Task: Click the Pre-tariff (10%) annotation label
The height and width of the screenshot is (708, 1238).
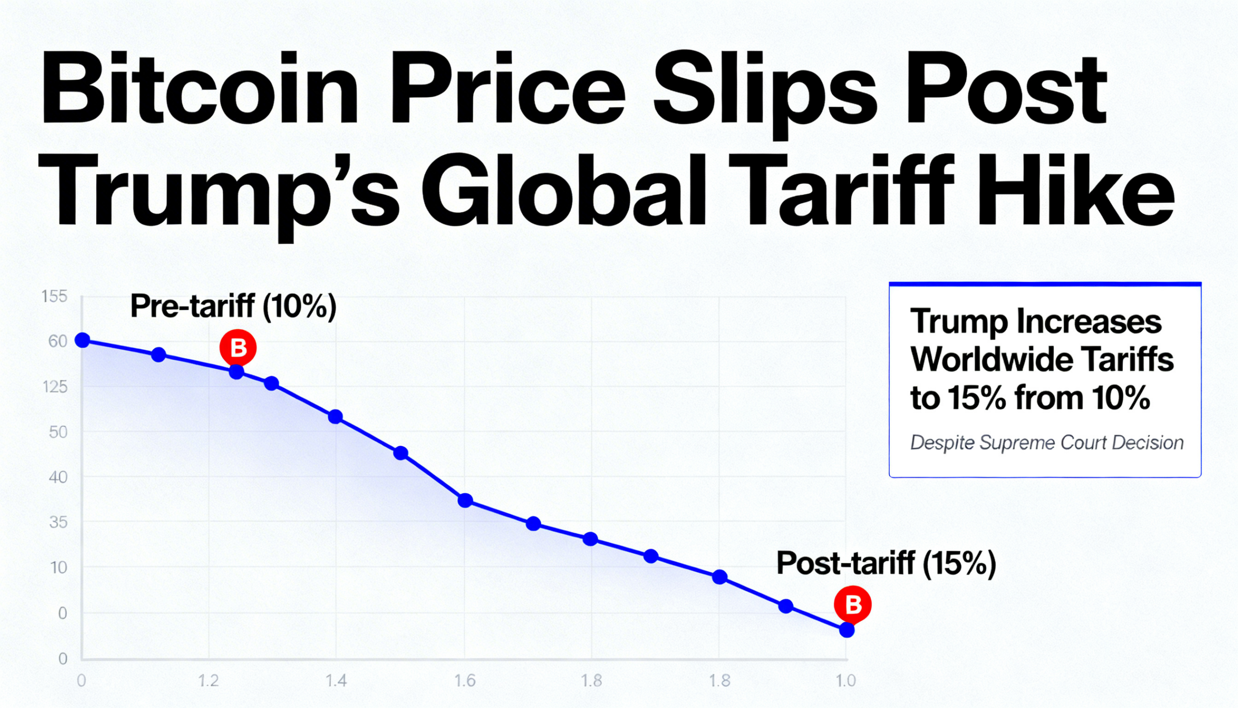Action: [x=233, y=306]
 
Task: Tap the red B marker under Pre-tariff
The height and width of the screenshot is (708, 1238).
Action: [x=237, y=347]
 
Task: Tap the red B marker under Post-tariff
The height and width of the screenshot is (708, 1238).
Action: [x=853, y=605]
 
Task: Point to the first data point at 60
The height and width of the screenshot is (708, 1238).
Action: [x=83, y=340]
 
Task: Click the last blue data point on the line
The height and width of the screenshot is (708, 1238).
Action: [x=846, y=630]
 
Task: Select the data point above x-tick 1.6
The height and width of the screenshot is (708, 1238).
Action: [x=465, y=500]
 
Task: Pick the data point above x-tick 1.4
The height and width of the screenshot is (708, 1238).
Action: [x=335, y=417]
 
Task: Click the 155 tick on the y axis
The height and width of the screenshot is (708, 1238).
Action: [x=55, y=296]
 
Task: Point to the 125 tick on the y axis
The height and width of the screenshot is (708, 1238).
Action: [x=55, y=387]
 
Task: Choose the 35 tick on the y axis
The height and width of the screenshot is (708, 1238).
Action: [x=59, y=523]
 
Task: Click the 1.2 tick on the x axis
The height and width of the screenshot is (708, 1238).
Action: [x=208, y=681]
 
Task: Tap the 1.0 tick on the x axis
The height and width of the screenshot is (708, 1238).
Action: [x=845, y=681]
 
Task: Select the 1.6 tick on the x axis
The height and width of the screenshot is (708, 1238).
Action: [x=465, y=681]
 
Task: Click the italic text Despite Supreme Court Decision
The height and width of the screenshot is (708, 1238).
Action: [x=1046, y=442]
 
